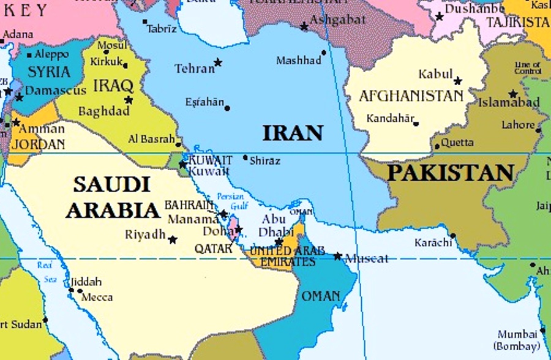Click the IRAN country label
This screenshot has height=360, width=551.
293,133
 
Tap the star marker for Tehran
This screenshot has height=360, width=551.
217,62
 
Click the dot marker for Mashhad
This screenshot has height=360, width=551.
324,53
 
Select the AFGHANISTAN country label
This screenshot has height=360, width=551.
411,96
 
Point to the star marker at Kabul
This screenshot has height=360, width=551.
457,81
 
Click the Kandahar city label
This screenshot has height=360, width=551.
390,119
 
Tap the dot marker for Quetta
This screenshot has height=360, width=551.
437,146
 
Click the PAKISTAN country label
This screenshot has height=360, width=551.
450,173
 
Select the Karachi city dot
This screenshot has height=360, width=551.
452,236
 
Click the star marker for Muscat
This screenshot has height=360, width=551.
337,256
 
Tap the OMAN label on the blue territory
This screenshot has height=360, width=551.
321,296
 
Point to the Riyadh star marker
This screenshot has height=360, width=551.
173,240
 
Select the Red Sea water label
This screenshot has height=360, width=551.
45,272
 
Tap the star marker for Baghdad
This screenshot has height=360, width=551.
129,100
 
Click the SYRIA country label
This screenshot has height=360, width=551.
50,72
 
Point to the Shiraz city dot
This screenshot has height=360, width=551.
246,157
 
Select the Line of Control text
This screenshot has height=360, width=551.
527,68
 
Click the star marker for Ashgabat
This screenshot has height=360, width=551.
304,26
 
